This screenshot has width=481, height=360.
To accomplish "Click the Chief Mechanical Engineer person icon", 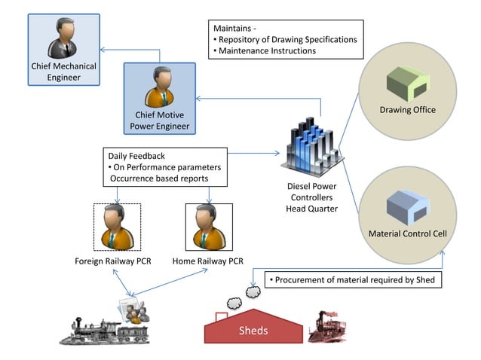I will click(x=63, y=37).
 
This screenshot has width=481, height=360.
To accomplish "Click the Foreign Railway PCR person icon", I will click(x=117, y=227).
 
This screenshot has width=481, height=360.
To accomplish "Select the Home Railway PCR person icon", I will click(x=207, y=227).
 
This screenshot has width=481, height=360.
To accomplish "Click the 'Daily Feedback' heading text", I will click(x=136, y=155).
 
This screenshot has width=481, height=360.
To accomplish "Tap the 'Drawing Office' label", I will click(x=407, y=110).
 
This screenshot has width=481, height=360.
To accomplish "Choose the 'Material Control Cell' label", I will click(x=407, y=233).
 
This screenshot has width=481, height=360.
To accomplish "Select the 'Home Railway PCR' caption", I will click(x=207, y=261).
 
